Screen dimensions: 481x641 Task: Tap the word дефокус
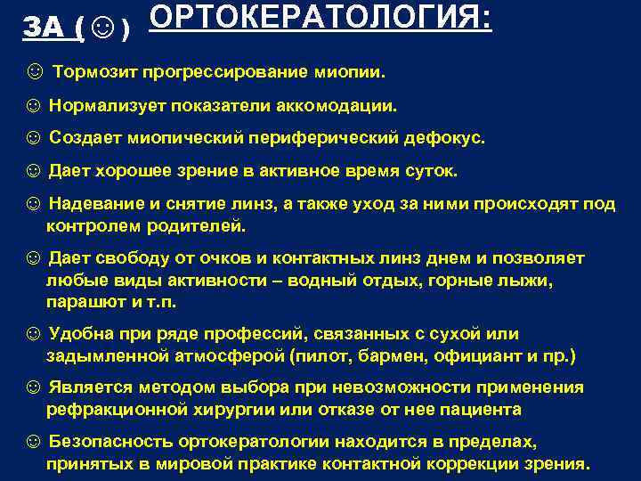[x=446, y=137]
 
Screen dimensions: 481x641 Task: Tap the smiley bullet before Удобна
[x=33, y=334]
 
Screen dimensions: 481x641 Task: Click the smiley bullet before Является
[x=33, y=388]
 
